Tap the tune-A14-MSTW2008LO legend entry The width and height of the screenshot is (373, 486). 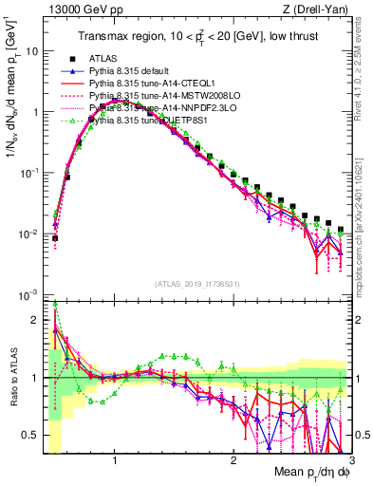[x=157, y=95]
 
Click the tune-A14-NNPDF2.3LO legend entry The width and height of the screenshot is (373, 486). [x=157, y=107]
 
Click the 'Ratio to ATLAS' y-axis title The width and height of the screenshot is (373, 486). [x=11, y=378]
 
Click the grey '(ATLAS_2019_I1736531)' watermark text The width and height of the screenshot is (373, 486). [x=197, y=284]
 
